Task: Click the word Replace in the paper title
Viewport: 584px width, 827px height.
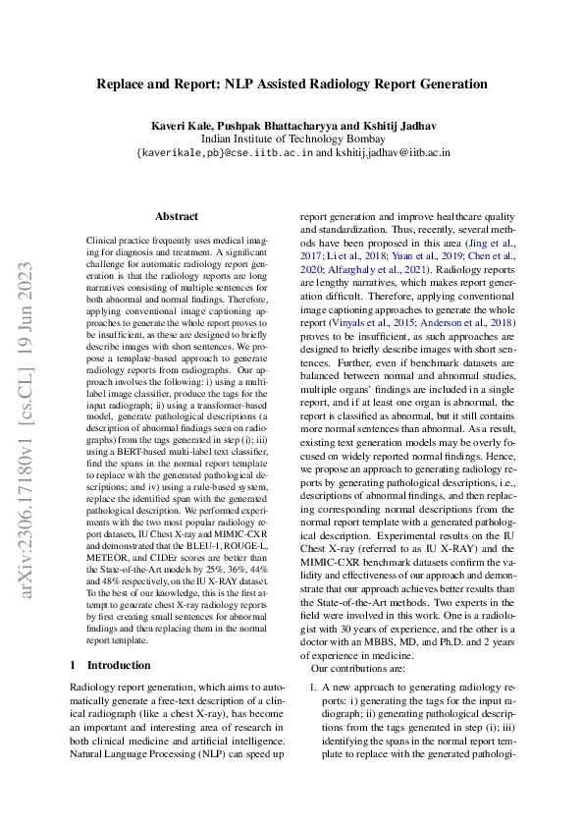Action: pos(121,84)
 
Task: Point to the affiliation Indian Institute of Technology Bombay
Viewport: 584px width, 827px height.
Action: pos(292,139)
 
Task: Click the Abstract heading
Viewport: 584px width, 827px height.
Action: pos(177,217)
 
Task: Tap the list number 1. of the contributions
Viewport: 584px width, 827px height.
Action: pos(313,686)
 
